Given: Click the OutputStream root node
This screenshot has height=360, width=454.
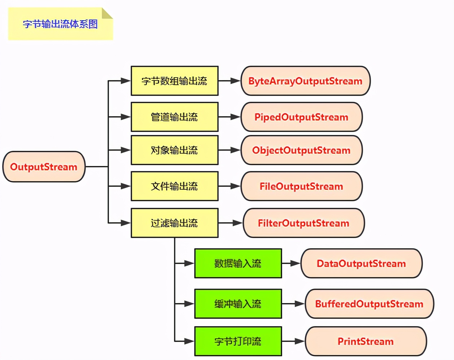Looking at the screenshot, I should [44, 167].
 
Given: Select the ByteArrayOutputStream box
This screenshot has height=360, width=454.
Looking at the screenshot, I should [305, 81].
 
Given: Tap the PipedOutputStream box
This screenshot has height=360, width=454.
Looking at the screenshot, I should [301, 117].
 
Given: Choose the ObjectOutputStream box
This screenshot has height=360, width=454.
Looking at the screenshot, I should [301, 150].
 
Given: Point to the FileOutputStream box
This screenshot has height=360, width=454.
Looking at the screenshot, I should [301, 186].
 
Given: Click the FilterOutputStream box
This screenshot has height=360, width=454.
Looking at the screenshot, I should [304, 223].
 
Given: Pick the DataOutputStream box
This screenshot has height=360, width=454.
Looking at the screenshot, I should [361, 263].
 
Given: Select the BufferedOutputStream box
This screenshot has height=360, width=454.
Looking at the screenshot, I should [369, 304].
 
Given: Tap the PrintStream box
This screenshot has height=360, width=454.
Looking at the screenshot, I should [366, 341].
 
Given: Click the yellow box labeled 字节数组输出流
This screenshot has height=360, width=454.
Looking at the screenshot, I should [174, 81].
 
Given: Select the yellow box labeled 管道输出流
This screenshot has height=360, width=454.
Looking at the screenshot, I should [174, 117].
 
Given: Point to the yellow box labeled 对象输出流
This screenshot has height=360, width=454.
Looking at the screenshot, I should [174, 150].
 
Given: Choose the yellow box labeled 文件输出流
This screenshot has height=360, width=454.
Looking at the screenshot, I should [174, 186].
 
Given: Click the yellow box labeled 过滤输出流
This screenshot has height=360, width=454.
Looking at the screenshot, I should [174, 223].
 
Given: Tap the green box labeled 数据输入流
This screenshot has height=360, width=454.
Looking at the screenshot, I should [238, 263].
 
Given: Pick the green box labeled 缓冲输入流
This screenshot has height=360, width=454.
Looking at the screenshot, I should [238, 304].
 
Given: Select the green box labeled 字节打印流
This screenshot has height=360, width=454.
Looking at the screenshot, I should [238, 341].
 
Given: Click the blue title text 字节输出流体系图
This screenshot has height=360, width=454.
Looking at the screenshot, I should [60, 24].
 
